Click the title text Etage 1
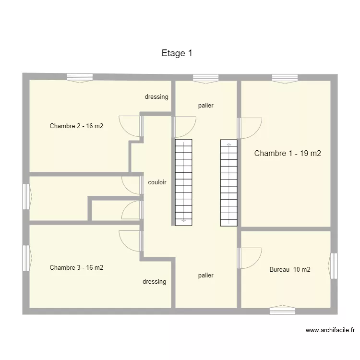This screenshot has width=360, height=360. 177,53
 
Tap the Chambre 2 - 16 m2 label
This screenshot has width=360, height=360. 76,126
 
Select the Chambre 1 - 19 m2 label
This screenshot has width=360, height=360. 287,154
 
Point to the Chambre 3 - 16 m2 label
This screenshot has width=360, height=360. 76,268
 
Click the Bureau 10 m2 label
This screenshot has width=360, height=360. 289,270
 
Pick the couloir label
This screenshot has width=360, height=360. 157,182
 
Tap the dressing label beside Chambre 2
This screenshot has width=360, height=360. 156,97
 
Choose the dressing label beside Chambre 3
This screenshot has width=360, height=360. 154,282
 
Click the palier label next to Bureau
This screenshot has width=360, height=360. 205,276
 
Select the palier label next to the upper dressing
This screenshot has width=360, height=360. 205,106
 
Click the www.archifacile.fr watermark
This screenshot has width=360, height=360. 330,330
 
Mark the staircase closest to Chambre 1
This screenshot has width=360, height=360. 229,182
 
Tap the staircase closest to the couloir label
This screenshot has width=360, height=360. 183,182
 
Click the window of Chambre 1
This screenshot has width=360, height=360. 285,78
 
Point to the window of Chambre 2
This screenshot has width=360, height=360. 80,77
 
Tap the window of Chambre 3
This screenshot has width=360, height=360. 26,258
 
